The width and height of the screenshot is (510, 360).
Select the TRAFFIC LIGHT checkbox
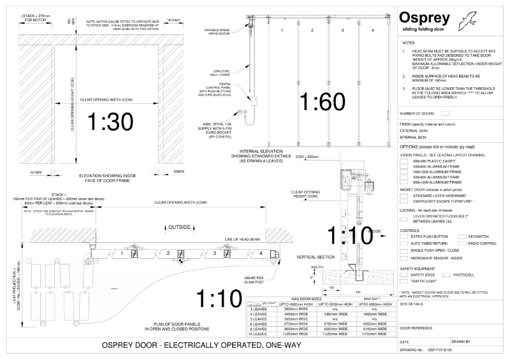point(404,281)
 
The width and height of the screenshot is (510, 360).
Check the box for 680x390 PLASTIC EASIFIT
point(404,162)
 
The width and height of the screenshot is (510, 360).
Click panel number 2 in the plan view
point(167,253)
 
